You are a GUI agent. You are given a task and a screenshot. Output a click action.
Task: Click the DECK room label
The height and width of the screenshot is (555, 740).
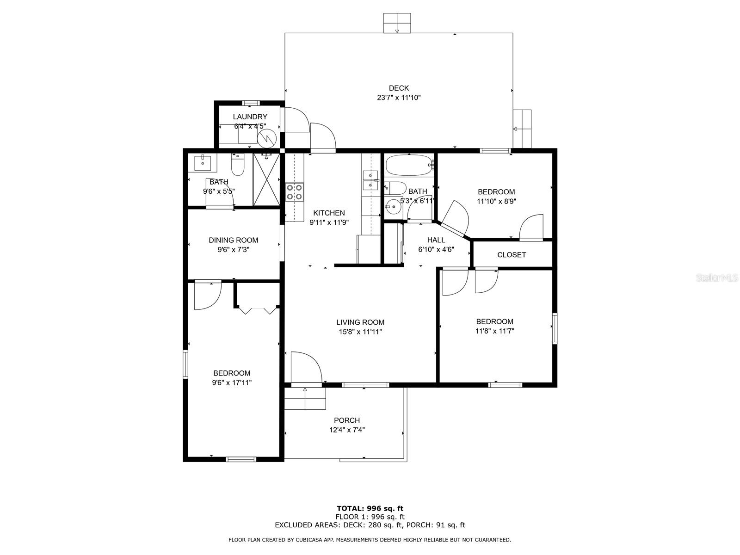[x=399, y=88]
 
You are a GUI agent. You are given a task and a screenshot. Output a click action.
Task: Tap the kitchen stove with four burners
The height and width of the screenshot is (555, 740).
[x=294, y=192]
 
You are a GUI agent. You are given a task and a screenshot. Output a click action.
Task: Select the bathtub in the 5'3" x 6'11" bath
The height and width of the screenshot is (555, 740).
[x=409, y=166]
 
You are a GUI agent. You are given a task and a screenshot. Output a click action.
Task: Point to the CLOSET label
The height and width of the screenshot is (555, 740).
[x=512, y=255]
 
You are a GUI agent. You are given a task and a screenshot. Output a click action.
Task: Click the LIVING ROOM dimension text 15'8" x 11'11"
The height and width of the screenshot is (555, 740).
[x=360, y=332]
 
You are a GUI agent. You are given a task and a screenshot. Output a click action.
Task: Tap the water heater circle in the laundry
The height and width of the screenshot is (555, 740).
[x=267, y=137]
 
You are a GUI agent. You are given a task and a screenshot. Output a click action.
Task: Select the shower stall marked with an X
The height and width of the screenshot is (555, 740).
[x=266, y=179]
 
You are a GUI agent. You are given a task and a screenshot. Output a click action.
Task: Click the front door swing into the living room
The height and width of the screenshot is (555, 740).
[x=306, y=368]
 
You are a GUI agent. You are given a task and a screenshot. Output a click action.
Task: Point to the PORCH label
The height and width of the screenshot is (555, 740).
[x=347, y=420]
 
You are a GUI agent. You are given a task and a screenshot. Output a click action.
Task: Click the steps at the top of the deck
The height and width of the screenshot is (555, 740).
[x=397, y=23]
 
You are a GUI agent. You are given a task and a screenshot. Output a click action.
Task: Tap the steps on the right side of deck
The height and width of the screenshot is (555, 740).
[x=523, y=129]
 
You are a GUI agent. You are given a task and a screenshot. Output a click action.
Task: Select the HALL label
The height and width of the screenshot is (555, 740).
[x=436, y=240]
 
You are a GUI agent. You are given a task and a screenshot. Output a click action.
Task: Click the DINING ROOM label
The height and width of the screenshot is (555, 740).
[x=234, y=240]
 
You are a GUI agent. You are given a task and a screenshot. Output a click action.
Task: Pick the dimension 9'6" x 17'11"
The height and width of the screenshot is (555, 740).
[x=232, y=382]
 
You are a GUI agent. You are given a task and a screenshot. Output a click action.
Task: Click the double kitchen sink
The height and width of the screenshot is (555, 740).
[x=371, y=180]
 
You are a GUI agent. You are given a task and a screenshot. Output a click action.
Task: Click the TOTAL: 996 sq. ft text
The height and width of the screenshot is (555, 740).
[x=370, y=509]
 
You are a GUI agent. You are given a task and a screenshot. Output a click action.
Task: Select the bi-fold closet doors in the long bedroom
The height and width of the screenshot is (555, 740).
[x=257, y=310]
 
